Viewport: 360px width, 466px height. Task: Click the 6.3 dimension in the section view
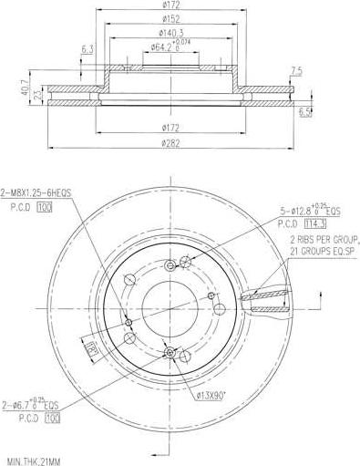point(87,49)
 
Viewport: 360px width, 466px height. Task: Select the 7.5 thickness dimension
point(295,70)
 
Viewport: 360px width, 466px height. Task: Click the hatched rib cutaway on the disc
point(264,300)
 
